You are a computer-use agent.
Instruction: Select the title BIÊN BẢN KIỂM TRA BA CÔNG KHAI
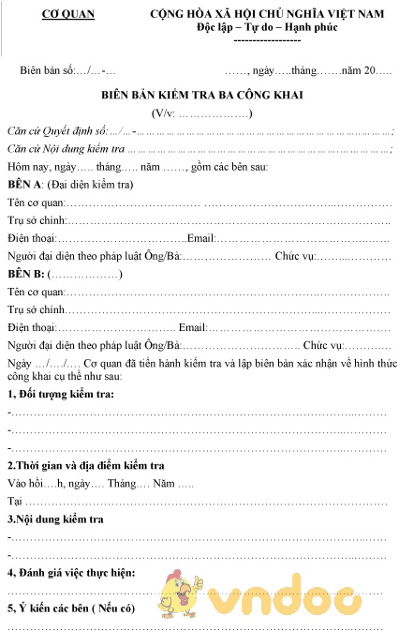click(202, 95)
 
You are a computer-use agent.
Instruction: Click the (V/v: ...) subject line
click(202, 113)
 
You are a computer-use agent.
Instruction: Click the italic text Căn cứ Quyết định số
click(57, 131)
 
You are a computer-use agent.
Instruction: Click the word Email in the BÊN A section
click(202, 237)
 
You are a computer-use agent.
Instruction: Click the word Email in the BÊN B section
click(192, 327)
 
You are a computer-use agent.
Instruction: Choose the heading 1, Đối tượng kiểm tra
click(61, 394)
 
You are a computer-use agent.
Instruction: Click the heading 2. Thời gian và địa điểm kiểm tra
click(86, 466)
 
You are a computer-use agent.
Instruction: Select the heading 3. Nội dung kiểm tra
click(55, 518)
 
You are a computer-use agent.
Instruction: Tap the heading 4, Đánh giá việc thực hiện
click(71, 571)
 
